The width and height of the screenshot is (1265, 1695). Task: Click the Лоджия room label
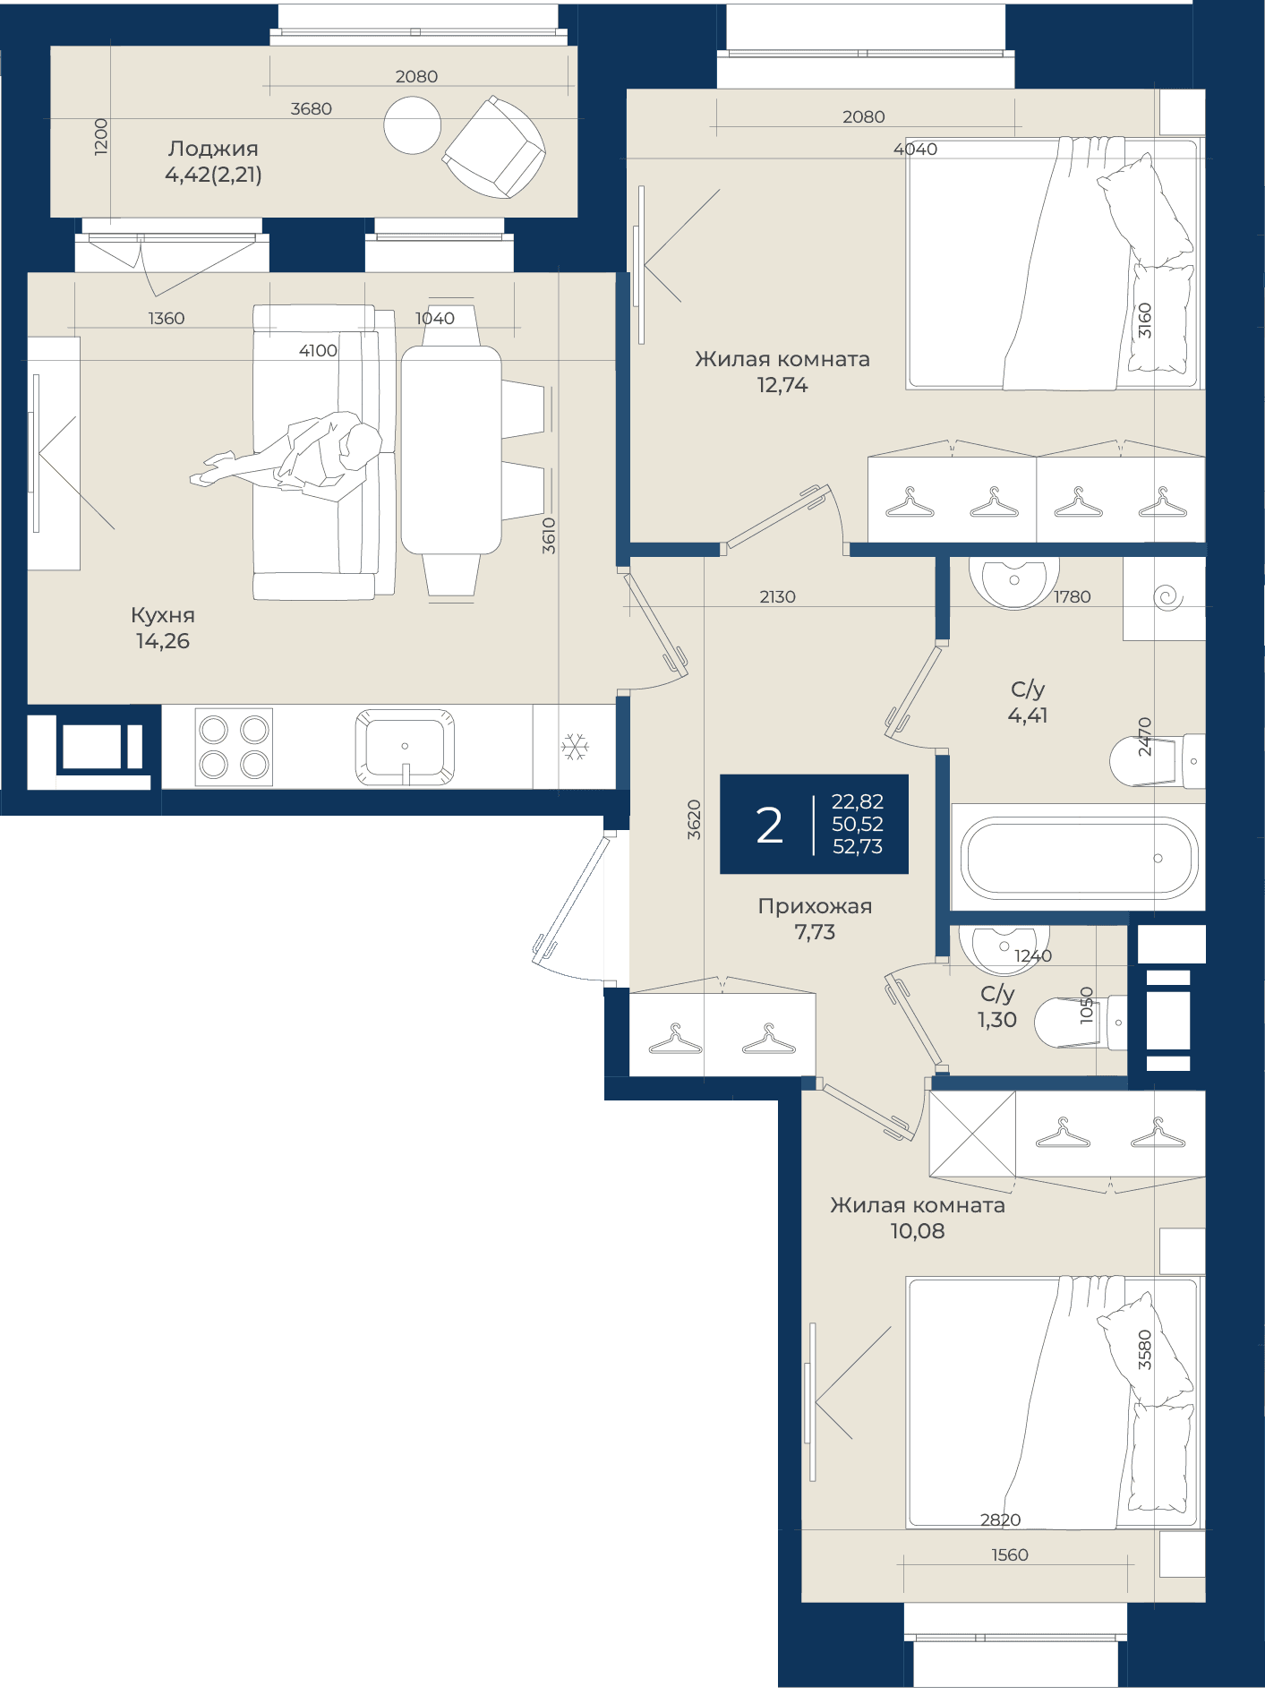[x=213, y=149]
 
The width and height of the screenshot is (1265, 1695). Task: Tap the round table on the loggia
[x=413, y=125]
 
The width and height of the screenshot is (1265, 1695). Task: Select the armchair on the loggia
[x=494, y=147]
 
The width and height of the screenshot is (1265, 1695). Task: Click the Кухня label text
[x=163, y=615]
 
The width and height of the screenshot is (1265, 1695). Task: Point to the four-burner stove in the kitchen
[x=234, y=747]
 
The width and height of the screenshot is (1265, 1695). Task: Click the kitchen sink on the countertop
[x=405, y=747]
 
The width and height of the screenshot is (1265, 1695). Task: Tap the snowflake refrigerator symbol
[x=575, y=746]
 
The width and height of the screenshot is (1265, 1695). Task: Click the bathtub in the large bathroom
[x=1079, y=858]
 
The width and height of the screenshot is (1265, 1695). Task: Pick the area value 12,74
[x=782, y=385]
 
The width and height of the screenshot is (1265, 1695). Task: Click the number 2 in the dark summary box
[x=769, y=825]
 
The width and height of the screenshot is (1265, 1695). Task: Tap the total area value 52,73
[x=858, y=846]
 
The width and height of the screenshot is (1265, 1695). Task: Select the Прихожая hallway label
[x=815, y=906]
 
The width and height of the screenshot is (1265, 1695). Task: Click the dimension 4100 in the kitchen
[x=318, y=350]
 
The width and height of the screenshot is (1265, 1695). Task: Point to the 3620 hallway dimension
[x=694, y=819]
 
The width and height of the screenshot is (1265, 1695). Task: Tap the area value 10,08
[x=918, y=1231]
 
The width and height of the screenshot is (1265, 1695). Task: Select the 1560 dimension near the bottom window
[x=1010, y=1555]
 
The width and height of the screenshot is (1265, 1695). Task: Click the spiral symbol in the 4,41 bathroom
[x=1168, y=597]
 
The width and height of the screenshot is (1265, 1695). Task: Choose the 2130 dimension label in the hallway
[x=777, y=596]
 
